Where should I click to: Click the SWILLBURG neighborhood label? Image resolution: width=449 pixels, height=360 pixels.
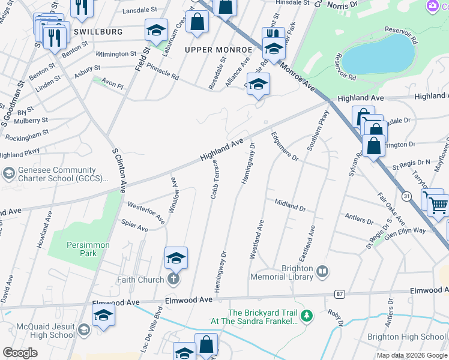point(98,31)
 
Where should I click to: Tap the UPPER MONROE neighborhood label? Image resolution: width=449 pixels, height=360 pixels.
point(218,49)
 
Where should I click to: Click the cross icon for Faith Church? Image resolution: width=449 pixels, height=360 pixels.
point(173,280)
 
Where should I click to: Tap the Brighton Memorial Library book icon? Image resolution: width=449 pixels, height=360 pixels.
point(322,272)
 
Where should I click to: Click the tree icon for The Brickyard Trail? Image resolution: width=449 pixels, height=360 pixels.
point(307,316)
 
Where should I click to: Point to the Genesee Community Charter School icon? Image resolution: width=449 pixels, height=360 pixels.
point(8,174)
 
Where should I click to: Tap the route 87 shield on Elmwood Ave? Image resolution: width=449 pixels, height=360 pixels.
point(340,293)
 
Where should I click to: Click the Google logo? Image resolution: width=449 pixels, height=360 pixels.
point(20,353)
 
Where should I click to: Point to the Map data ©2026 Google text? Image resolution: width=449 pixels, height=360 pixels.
point(412,355)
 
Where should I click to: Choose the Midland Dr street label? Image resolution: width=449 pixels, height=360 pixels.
point(291,205)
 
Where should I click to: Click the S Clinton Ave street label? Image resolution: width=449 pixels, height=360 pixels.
point(118,170)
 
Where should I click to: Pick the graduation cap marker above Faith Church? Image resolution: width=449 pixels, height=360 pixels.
point(176,258)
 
